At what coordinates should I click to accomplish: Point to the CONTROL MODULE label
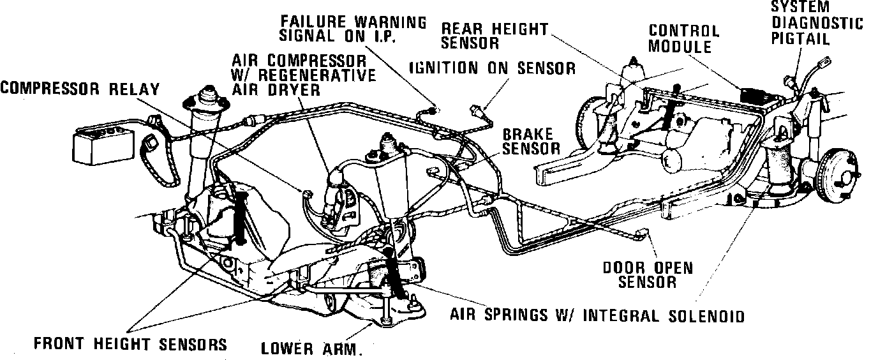click(683, 38)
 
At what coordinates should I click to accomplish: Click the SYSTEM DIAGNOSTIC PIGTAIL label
click(817, 24)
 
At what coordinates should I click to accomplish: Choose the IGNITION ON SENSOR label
click(492, 68)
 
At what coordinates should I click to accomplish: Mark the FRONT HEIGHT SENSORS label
click(130, 345)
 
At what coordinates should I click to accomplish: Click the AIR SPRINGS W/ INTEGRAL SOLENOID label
click(597, 315)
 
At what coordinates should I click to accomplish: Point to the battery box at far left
click(102, 147)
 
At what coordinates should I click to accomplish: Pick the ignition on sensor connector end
click(475, 109)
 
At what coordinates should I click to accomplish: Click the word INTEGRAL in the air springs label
click(623, 315)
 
